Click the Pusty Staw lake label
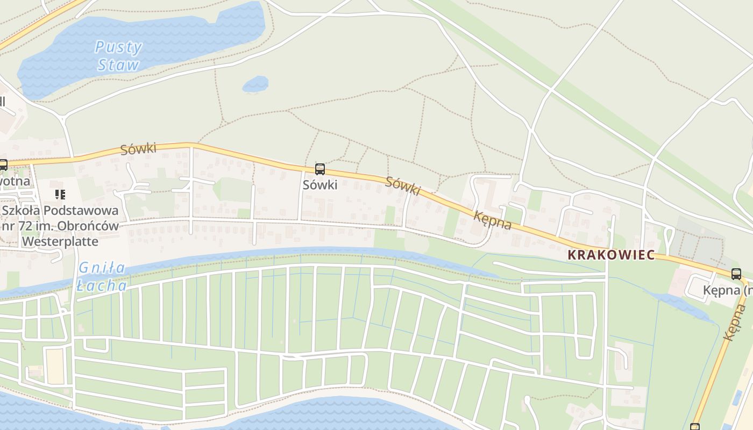118,56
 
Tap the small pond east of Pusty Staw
255,84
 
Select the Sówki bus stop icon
320,169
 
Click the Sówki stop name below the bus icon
320,185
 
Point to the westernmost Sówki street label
138,148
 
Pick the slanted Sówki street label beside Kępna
403,185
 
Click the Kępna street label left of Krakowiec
492,220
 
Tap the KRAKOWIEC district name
612,255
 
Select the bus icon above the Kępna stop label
736,274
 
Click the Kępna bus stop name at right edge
726,291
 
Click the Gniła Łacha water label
102,276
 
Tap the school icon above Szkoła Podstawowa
60,194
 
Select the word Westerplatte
60,241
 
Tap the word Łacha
102,285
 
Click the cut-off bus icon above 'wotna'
3,165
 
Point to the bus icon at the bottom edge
695,427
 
